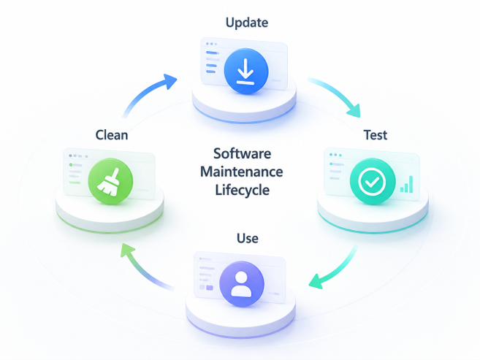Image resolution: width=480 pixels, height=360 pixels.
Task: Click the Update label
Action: [x=247, y=23]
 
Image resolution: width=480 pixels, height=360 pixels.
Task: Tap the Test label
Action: [x=376, y=135]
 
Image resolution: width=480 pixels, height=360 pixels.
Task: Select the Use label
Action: [x=248, y=238]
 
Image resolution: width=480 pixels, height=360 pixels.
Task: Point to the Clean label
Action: [x=112, y=135]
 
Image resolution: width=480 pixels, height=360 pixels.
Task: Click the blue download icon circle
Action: [x=246, y=71]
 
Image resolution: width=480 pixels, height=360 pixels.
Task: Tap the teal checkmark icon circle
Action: [x=373, y=181]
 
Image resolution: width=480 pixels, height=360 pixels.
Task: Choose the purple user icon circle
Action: [x=242, y=284]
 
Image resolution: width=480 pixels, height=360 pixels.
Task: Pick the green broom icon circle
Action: [x=110, y=181]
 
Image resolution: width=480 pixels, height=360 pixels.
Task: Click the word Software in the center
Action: [x=242, y=153]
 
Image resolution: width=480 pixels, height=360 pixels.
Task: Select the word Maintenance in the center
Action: [x=242, y=172]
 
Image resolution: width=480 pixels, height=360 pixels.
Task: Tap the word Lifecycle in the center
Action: [x=242, y=190]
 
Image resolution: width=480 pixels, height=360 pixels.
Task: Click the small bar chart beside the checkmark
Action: [x=406, y=184]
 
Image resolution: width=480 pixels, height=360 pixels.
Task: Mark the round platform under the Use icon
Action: [x=240, y=315]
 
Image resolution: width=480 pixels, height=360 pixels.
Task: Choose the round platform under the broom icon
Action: [x=110, y=211]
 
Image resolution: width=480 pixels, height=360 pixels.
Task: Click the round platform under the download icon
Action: [x=244, y=101]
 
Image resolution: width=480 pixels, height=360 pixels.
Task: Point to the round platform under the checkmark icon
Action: [x=373, y=211]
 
